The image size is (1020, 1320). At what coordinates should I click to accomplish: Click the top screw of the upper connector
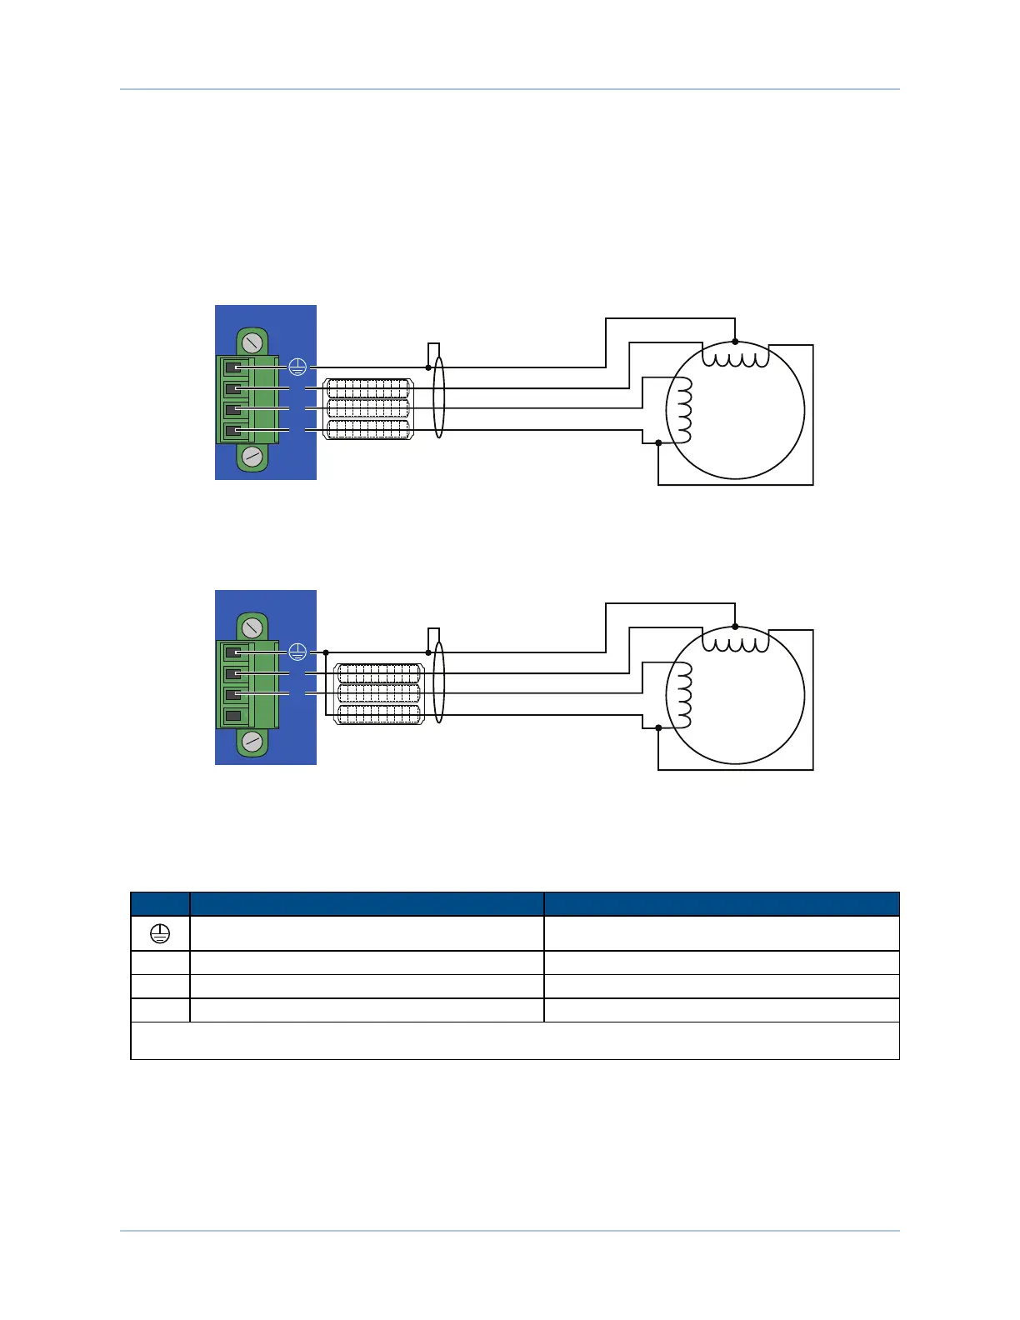pyautogui.click(x=252, y=342)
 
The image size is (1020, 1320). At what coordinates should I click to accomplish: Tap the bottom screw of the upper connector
pyautogui.click(x=252, y=457)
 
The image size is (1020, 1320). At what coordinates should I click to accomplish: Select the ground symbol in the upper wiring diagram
pyautogui.click(x=297, y=367)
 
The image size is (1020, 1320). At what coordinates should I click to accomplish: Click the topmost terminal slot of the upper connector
pyautogui.click(x=233, y=367)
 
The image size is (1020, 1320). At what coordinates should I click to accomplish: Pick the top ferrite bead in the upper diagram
pyautogui.click(x=368, y=388)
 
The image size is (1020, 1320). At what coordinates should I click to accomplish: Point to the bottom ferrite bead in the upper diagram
pyautogui.click(x=368, y=430)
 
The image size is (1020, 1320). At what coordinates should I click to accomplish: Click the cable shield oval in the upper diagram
pyautogui.click(x=438, y=398)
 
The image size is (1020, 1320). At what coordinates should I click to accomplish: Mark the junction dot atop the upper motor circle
pyautogui.click(x=734, y=342)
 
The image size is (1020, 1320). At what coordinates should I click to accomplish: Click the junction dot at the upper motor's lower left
pyautogui.click(x=658, y=442)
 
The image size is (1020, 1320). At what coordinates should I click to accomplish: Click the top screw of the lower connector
pyautogui.click(x=252, y=627)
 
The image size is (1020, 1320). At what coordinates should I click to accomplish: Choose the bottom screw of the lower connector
pyautogui.click(x=252, y=742)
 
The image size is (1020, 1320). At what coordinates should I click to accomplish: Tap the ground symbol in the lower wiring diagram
pyautogui.click(x=297, y=652)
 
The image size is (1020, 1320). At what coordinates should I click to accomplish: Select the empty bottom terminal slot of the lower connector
pyautogui.click(x=233, y=716)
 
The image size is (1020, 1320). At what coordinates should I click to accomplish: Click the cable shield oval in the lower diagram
pyautogui.click(x=438, y=683)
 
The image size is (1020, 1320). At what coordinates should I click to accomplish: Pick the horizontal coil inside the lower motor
pyautogui.click(x=735, y=642)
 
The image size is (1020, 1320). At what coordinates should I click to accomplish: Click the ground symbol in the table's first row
pyautogui.click(x=160, y=935)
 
